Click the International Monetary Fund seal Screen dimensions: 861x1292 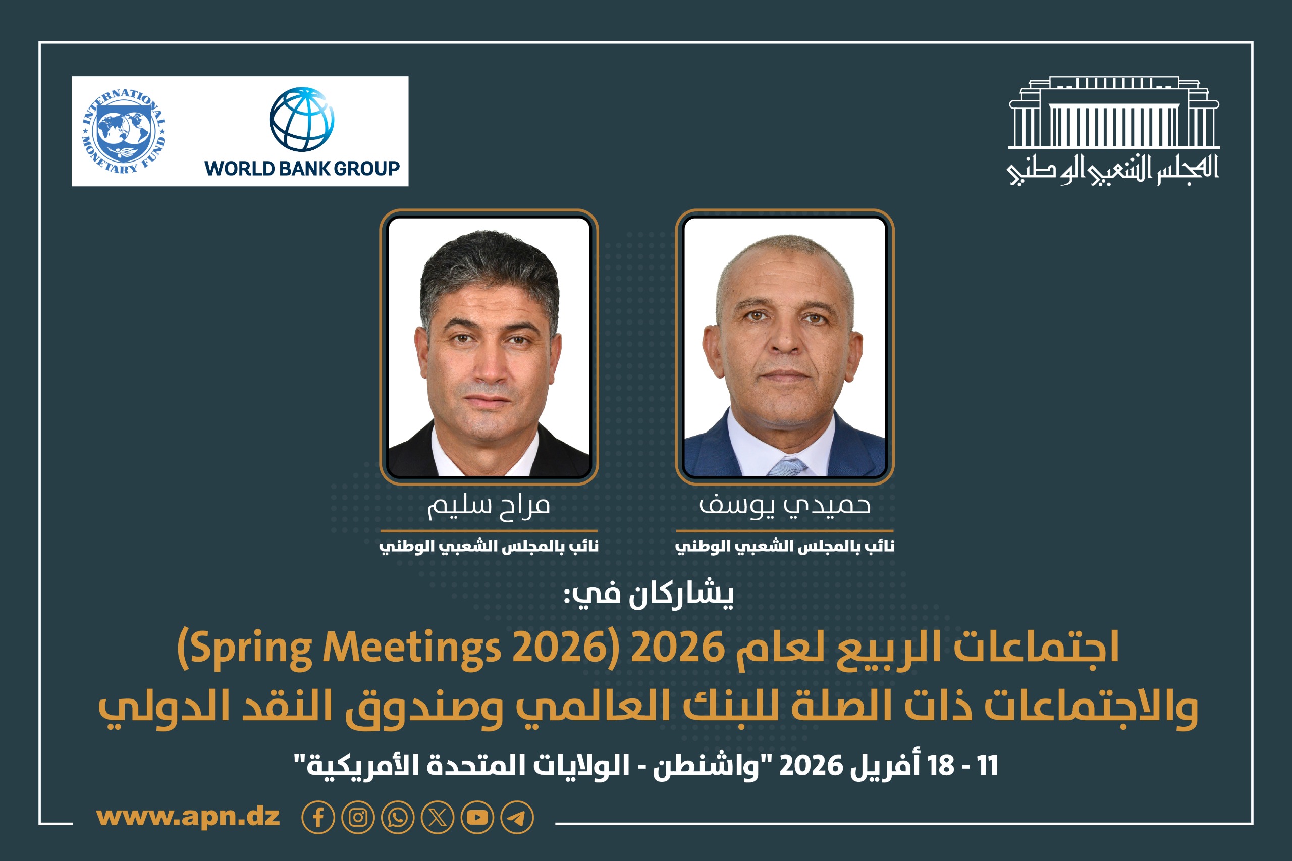(124, 131)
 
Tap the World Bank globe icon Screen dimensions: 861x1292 (301, 119)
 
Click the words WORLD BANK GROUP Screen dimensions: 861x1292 (301, 168)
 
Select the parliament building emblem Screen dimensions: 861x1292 (1113, 114)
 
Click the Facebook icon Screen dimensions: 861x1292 (318, 818)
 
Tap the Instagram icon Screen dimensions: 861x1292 (358, 818)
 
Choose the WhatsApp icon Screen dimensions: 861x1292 (398, 818)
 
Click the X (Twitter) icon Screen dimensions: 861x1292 (438, 818)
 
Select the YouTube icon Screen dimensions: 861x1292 (477, 818)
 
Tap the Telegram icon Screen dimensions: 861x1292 (517, 818)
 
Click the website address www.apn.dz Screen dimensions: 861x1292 (188, 817)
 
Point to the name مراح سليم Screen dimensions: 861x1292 (488, 506)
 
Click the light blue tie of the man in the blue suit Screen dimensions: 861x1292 (788, 467)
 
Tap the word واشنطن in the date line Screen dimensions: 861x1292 (703, 766)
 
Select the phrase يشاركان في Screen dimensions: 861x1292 (649, 594)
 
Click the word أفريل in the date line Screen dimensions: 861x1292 (885, 766)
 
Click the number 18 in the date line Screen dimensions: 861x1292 (941, 766)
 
